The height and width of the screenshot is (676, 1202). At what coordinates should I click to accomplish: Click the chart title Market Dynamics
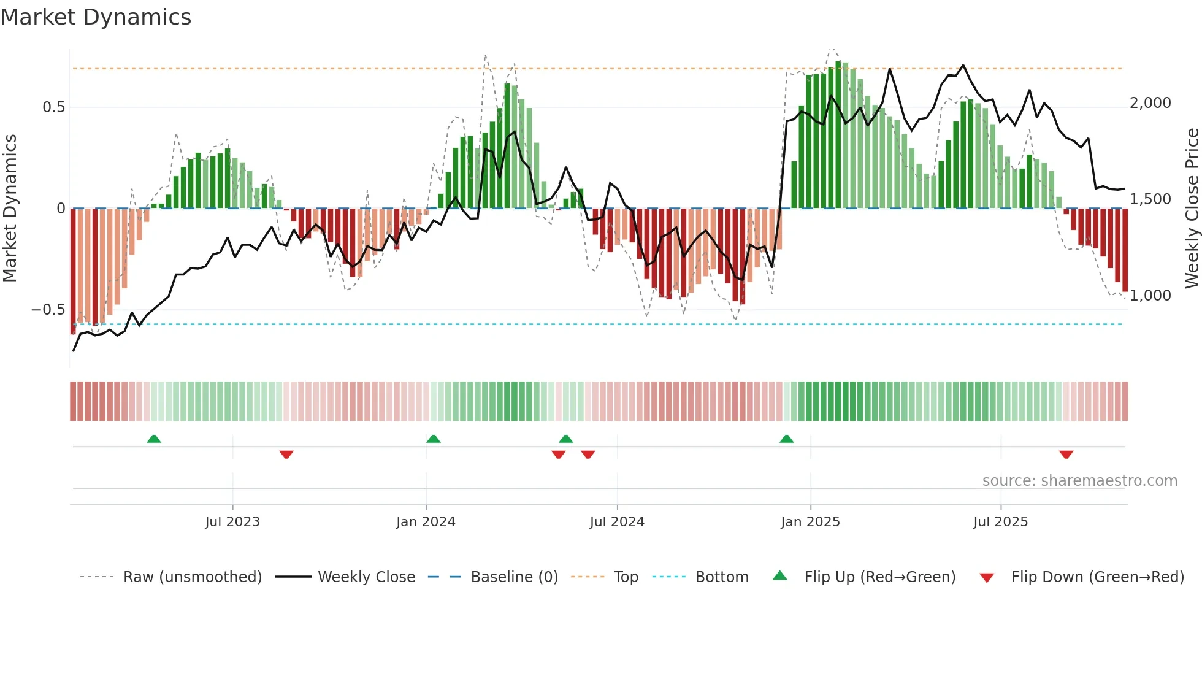96,17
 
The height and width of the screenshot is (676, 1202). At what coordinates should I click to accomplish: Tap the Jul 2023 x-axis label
232,522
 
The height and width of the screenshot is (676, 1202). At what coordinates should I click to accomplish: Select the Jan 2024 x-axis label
426,522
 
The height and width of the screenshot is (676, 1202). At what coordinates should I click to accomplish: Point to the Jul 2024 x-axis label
617,522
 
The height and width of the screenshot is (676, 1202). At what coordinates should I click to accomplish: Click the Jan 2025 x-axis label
810,522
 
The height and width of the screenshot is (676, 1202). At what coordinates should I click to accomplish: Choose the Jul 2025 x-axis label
1000,522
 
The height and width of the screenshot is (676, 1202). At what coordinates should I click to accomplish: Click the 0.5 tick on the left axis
53,107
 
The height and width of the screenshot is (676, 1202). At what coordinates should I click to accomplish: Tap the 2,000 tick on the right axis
1150,103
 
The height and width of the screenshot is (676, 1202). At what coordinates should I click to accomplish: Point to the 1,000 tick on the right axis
1150,296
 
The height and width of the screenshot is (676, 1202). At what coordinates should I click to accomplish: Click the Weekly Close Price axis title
1192,208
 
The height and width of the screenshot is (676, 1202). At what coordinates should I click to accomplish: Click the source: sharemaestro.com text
1079,481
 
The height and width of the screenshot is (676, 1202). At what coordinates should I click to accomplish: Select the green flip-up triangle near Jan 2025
786,439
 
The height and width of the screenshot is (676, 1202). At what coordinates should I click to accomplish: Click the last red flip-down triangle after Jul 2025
1066,455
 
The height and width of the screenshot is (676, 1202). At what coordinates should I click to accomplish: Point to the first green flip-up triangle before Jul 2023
154,439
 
